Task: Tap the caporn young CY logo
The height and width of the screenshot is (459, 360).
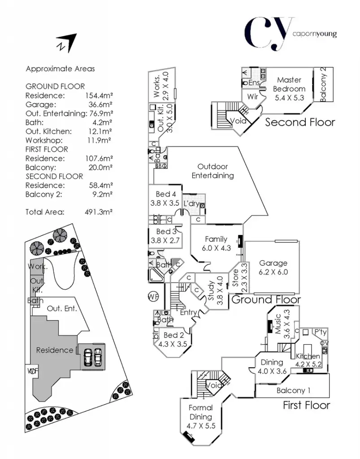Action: pyautogui.click(x=290, y=34)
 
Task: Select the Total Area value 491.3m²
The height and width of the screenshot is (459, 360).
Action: pyautogui.click(x=98, y=212)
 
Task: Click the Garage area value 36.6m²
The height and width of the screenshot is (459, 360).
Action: pyautogui.click(x=99, y=104)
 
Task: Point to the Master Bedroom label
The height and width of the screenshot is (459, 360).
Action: pyautogui.click(x=289, y=84)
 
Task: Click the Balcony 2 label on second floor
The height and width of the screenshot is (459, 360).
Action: pyautogui.click(x=324, y=84)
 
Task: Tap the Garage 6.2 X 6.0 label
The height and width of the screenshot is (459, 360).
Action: pyautogui.click(x=273, y=268)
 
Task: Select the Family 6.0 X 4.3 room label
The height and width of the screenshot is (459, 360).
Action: pyautogui.click(x=216, y=243)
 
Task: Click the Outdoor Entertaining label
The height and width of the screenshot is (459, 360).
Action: pyautogui.click(x=213, y=171)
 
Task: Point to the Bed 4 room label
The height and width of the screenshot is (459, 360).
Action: pyautogui.click(x=165, y=198)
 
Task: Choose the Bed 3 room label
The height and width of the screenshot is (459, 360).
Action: pyautogui.click(x=166, y=235)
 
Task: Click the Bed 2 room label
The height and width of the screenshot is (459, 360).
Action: pyautogui.click(x=174, y=339)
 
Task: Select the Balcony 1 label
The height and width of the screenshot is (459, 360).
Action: pyautogui.click(x=293, y=390)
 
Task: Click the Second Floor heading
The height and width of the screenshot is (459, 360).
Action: pyautogui.click(x=300, y=122)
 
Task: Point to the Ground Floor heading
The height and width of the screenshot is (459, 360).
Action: pyautogui.click(x=266, y=299)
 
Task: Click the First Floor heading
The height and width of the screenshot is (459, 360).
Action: pyautogui.click(x=306, y=405)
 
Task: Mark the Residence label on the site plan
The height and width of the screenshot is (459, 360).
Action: pyautogui.click(x=54, y=350)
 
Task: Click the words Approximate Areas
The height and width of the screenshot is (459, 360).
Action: pyautogui.click(x=60, y=69)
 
